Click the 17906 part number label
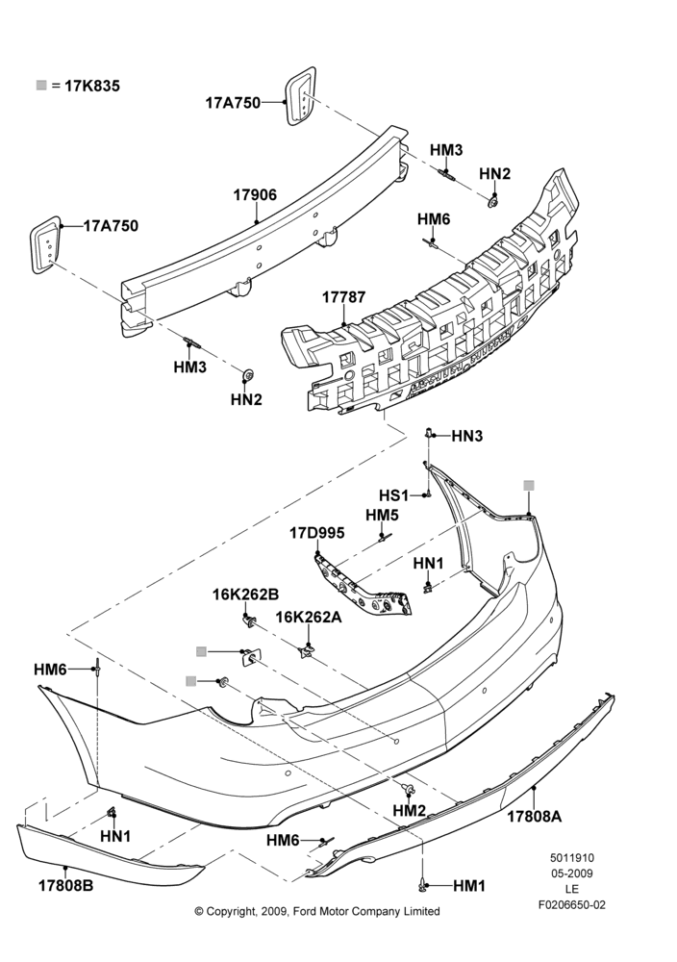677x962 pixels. tap(255, 195)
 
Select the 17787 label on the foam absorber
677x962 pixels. tap(343, 297)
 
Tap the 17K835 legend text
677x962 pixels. tap(92, 86)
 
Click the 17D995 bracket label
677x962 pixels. tap(317, 533)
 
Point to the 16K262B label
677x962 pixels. tap(246, 595)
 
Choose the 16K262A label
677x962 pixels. tap(309, 618)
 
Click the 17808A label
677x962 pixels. tap(534, 817)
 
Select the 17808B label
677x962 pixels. tap(66, 885)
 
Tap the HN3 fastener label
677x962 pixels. tap(467, 436)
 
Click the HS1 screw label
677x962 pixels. tap(393, 495)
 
